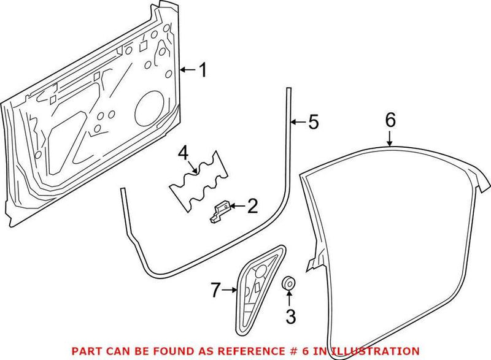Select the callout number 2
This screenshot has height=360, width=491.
[252, 207]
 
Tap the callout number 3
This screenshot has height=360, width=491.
[290, 317]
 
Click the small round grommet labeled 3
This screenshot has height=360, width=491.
[287, 284]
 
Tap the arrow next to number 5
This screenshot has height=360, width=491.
[298, 123]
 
